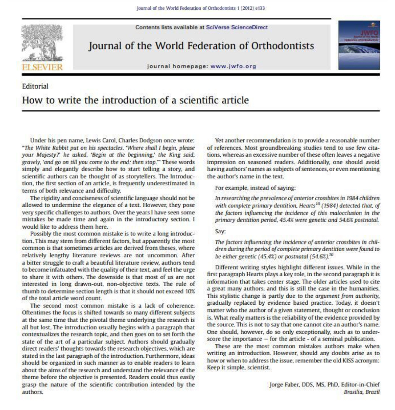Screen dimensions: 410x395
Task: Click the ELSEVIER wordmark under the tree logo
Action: point(42,67)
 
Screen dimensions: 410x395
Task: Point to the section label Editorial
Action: point(35,86)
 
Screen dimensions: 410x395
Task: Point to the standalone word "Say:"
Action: point(220,232)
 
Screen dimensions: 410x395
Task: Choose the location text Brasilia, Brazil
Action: point(361,392)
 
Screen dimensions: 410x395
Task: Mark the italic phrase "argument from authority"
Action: point(349,296)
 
